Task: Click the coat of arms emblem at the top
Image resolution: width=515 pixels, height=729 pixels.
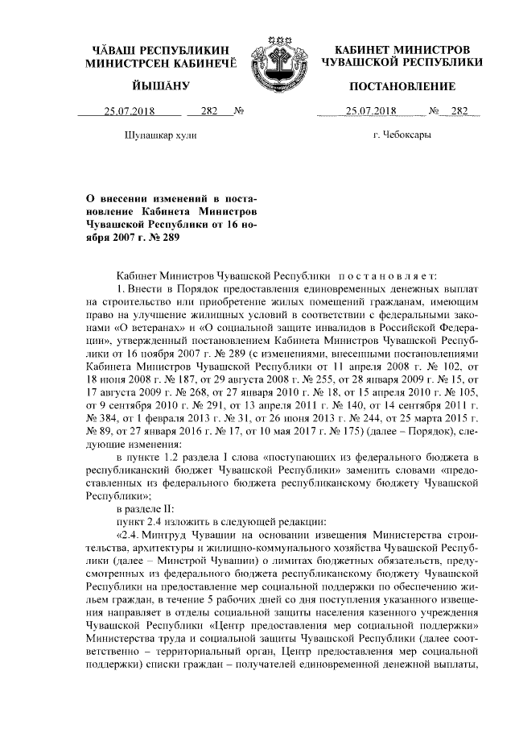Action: tap(276, 59)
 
